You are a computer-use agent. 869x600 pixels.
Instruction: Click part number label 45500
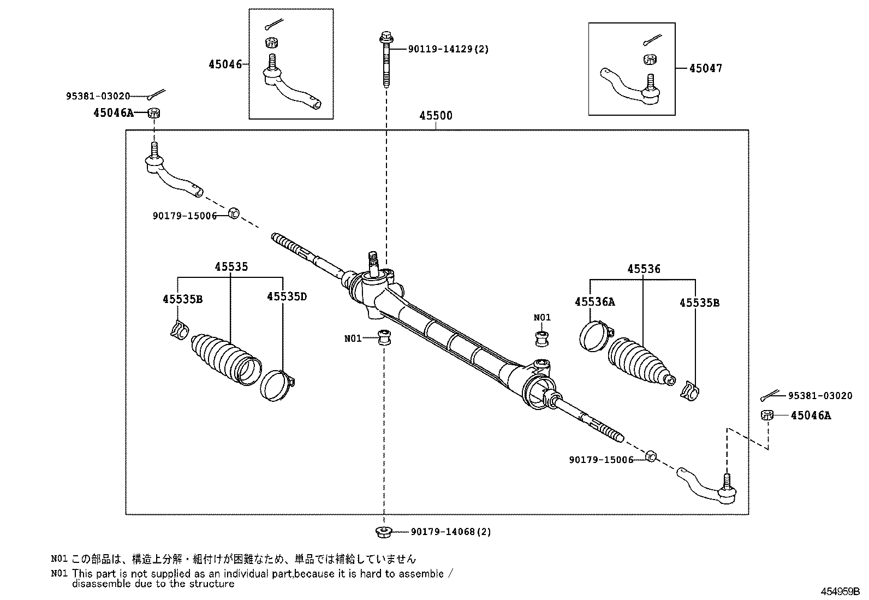tap(436, 116)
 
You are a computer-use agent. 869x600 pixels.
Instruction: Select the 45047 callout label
tap(706, 68)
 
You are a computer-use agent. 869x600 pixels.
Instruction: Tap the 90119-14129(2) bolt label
tap(448, 49)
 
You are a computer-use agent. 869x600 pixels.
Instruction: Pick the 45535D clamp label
tap(287, 296)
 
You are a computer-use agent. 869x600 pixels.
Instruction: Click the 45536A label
tap(595, 301)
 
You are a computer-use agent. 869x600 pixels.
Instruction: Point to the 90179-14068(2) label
tap(451, 531)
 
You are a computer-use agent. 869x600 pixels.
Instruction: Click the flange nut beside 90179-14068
tap(384, 531)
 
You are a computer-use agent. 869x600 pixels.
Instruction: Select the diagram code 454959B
tap(840, 591)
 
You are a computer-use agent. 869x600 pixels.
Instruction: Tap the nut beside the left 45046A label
tap(154, 113)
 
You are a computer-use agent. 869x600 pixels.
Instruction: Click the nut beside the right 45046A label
tap(767, 415)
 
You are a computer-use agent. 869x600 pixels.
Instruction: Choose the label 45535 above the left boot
tap(231, 266)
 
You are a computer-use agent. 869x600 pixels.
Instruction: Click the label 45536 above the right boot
tap(644, 269)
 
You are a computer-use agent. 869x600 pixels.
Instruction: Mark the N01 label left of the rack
tap(353, 338)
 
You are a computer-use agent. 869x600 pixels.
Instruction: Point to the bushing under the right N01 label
tap(542, 339)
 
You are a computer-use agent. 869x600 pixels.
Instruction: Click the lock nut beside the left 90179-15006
tap(234, 213)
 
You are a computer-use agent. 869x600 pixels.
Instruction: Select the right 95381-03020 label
tap(820, 395)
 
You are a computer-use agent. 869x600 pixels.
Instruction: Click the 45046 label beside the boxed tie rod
tap(225, 64)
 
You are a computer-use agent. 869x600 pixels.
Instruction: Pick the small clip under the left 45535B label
tap(180, 330)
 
